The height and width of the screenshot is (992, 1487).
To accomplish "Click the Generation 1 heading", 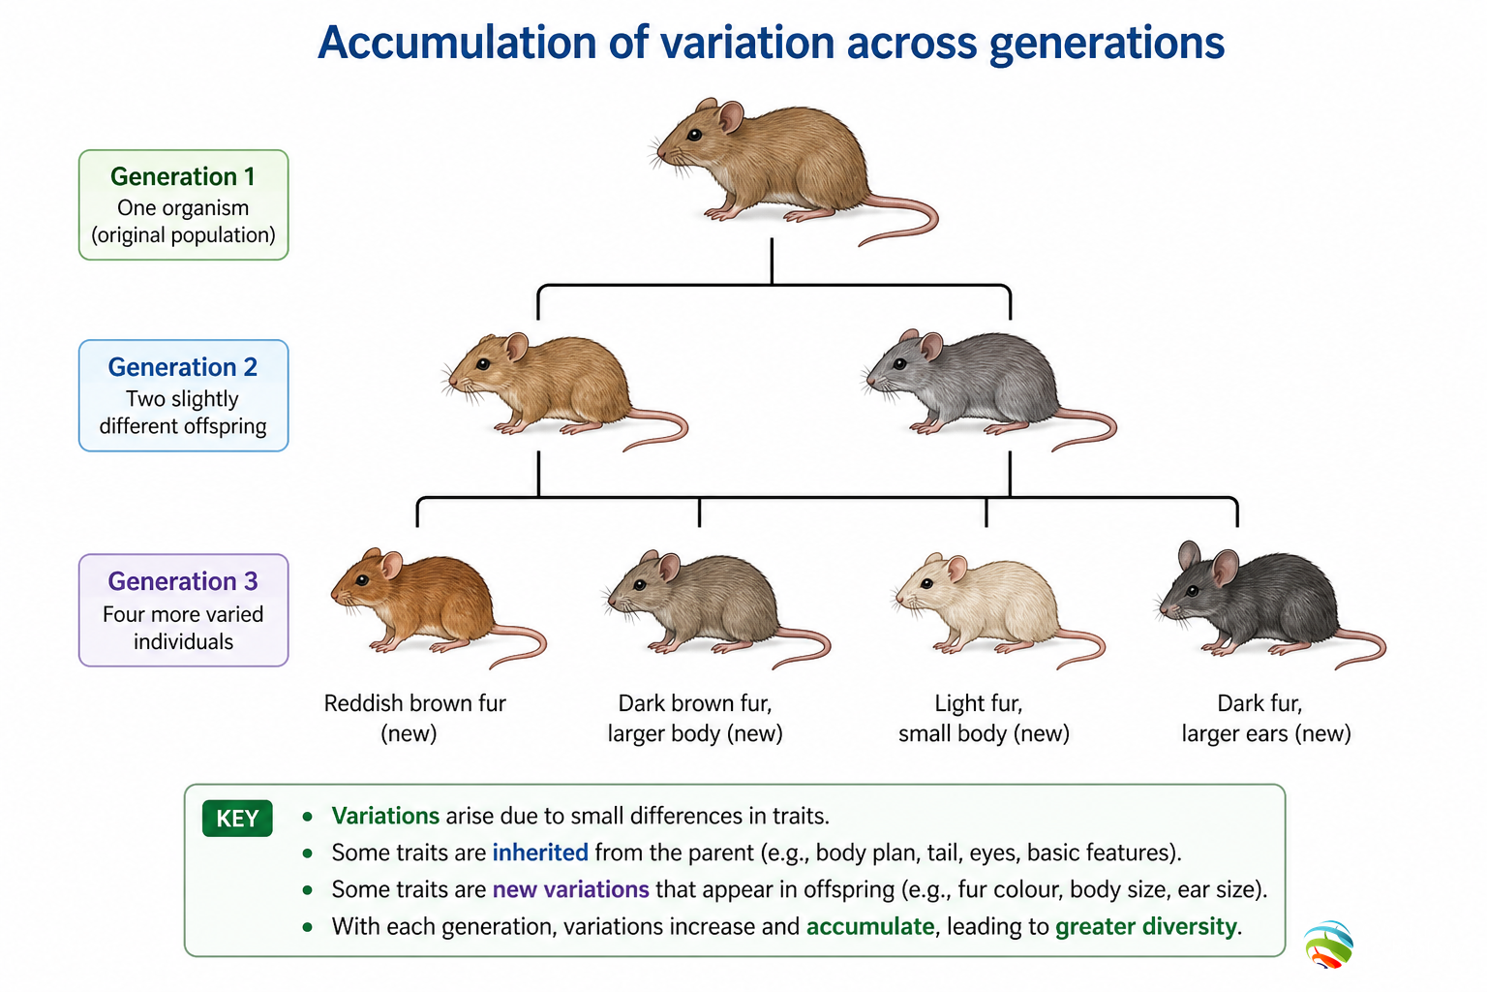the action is (x=183, y=176).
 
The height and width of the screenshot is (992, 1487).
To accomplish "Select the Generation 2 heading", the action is (x=183, y=367).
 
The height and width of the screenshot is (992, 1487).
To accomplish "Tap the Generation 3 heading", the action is (x=183, y=581).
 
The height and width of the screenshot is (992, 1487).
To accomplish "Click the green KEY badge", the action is (x=237, y=818).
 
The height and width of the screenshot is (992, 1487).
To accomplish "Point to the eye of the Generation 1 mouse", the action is (x=694, y=136).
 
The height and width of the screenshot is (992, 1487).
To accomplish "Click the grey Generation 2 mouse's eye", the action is (x=899, y=364).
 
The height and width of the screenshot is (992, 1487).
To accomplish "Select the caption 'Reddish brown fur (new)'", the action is (x=414, y=718).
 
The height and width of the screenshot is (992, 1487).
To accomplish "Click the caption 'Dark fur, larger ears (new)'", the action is (x=1265, y=718).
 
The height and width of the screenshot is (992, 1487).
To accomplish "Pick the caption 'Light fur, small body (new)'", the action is (x=984, y=718).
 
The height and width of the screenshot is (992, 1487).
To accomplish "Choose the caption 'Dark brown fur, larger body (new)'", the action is (x=695, y=718).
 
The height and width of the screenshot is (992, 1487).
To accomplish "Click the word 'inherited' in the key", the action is (x=539, y=852).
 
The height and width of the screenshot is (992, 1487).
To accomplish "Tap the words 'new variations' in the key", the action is (x=570, y=889).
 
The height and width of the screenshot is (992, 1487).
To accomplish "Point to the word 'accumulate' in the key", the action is (x=870, y=927).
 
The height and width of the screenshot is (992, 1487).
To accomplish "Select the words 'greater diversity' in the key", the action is (x=1146, y=927).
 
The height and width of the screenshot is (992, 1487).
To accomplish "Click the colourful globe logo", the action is (x=1328, y=945).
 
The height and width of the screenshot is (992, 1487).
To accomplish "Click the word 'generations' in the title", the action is (x=1107, y=44).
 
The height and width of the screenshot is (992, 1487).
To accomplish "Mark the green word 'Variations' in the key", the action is (x=385, y=816).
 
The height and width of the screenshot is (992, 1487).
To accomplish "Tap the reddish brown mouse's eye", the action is (x=362, y=580).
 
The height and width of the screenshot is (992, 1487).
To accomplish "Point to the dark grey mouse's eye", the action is (x=1193, y=591).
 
